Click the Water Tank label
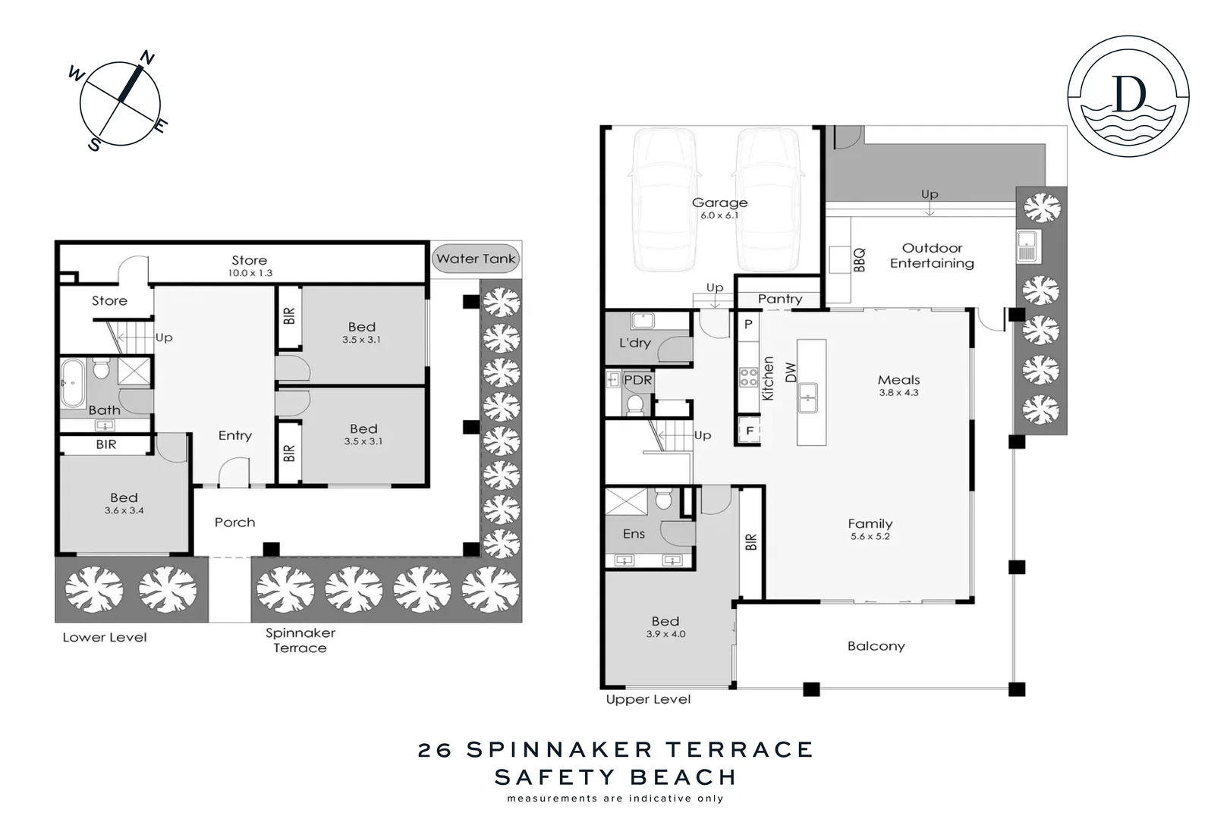coord(476,259)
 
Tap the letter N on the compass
coord(148,58)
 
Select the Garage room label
coord(719,202)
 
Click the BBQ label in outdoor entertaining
coord(859,260)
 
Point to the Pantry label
coord(779,299)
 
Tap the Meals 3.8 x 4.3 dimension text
coord(898,393)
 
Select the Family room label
coord(870,523)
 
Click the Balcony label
coord(876,646)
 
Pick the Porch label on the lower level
coord(234,522)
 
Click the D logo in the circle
coord(1128,94)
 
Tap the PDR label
coord(637,380)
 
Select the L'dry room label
coord(634,343)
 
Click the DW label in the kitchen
coord(791,372)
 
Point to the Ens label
coord(634,534)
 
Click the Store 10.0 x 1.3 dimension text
coord(250,273)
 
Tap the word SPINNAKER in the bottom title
coord(559,749)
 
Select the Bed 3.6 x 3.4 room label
coord(124,497)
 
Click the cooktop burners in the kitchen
coord(748,377)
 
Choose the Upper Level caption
coord(648,699)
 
